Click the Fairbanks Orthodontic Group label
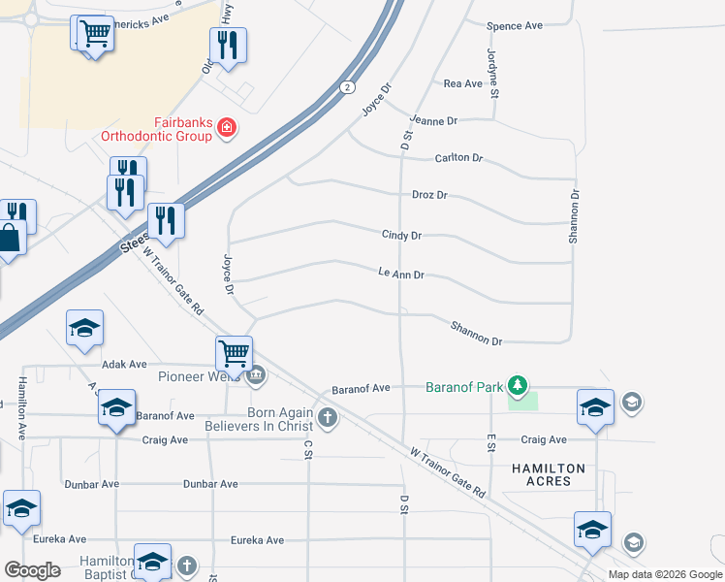point(156,129)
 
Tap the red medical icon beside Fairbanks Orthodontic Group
point(227,129)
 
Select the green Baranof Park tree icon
point(519,386)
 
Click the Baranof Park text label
point(464,387)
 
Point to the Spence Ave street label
point(515,25)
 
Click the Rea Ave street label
point(462,84)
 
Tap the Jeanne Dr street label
point(433,121)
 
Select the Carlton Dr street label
point(458,158)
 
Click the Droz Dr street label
point(429,195)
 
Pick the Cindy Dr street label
point(401,235)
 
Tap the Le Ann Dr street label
point(401,275)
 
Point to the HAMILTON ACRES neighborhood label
point(549,475)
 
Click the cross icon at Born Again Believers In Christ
point(328,419)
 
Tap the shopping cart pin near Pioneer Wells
point(234,353)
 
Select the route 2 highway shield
point(346,87)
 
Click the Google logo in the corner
point(32,570)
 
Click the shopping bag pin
point(10,239)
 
